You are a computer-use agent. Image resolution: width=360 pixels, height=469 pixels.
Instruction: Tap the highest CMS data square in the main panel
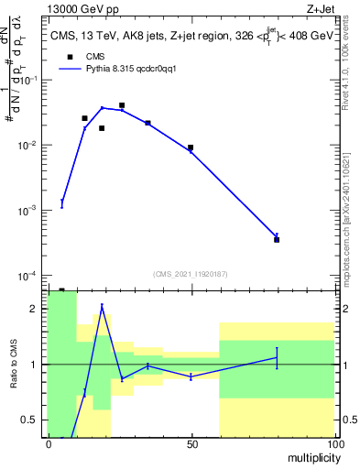coord(122,105)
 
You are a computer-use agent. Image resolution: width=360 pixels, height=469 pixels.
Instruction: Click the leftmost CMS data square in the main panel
coord(84,118)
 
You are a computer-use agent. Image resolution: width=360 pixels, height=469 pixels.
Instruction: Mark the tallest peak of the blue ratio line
coord(102,306)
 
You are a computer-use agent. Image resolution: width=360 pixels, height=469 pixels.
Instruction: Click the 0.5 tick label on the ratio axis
coord(29,420)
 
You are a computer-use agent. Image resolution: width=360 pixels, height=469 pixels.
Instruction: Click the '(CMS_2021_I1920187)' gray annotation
coord(191,273)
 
